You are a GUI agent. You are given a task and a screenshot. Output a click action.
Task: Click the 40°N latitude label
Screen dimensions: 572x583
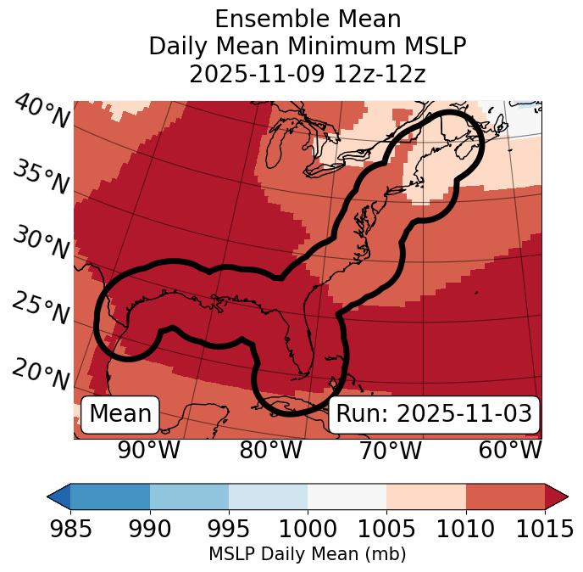41,113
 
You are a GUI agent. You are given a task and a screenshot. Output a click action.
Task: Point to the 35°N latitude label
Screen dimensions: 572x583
41,177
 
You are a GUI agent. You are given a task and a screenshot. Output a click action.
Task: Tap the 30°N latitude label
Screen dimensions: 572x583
41,244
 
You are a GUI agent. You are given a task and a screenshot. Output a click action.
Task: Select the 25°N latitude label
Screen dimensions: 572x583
41,309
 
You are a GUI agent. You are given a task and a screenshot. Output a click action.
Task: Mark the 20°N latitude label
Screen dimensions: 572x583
41,373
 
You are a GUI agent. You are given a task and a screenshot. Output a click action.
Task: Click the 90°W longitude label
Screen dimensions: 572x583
149,451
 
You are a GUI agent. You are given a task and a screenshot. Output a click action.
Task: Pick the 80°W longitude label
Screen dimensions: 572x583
270,451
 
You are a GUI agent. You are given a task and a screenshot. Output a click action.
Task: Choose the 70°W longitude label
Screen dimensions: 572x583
390,451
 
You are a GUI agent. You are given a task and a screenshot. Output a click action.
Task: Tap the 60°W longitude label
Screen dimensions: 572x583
510,451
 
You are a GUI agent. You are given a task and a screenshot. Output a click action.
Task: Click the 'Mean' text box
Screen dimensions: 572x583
120,414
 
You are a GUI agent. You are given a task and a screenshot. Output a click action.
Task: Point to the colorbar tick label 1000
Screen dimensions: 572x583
308,529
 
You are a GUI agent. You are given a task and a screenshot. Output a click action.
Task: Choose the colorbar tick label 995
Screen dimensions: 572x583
229,529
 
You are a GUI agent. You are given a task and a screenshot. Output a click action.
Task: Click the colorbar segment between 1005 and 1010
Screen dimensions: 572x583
426,496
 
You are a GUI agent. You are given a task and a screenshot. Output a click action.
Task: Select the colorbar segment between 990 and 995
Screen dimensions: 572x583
189,496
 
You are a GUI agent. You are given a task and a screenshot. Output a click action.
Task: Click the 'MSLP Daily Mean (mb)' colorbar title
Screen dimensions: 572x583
307,554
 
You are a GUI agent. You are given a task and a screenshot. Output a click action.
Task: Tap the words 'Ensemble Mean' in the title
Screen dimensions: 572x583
308,19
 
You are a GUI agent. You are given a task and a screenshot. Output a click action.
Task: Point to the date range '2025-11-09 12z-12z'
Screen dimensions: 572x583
308,74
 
